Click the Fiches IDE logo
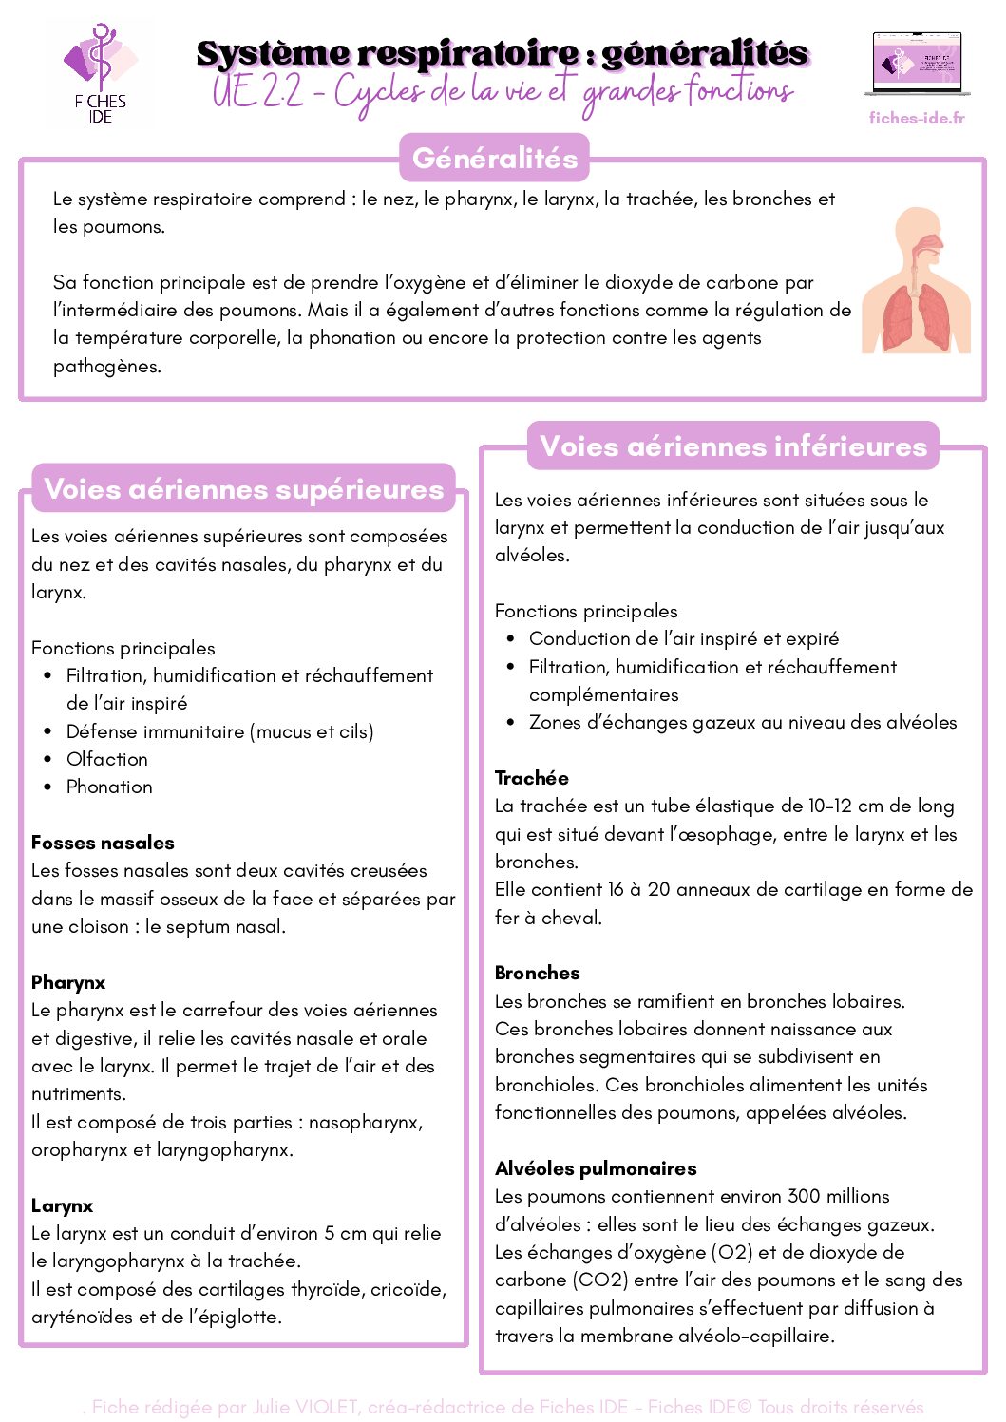click(x=100, y=73)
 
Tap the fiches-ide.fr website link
click(x=916, y=118)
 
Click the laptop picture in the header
click(x=917, y=65)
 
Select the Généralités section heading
click(x=495, y=158)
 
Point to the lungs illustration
click(x=917, y=282)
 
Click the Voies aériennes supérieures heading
click(x=244, y=489)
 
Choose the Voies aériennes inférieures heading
click(x=733, y=446)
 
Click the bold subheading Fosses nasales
click(x=103, y=843)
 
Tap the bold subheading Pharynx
click(x=68, y=982)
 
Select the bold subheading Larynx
click(x=63, y=1205)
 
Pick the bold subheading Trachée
click(x=532, y=778)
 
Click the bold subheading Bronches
click(x=538, y=973)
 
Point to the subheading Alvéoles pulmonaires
click(x=596, y=1168)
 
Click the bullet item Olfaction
click(x=107, y=759)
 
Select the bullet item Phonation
click(x=109, y=787)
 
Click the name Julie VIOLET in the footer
click(x=305, y=1407)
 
